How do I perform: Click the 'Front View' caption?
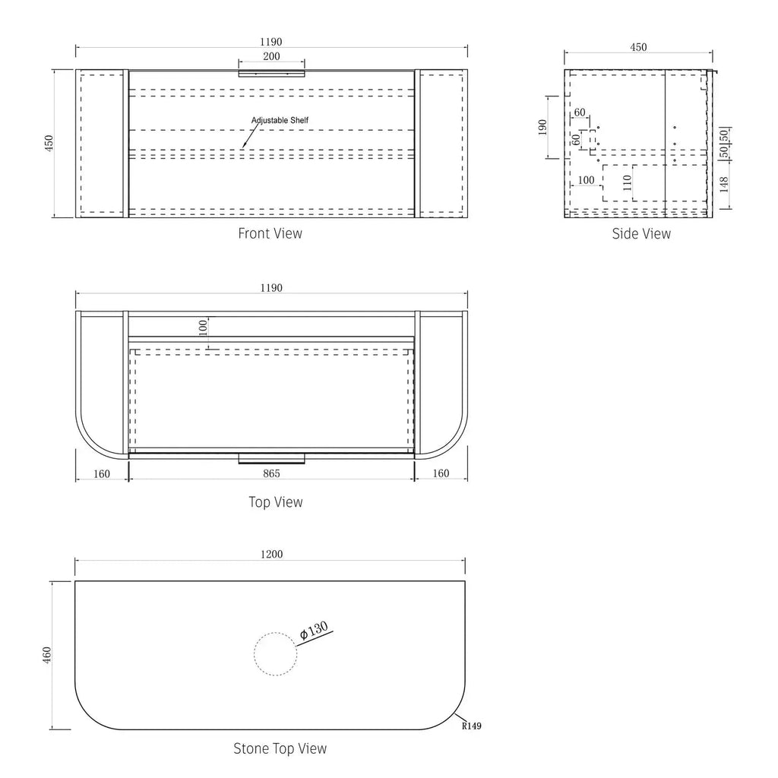coord(270,233)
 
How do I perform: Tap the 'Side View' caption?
coord(641,234)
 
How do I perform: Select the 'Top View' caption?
coord(275,502)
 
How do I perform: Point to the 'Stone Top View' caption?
coord(280,748)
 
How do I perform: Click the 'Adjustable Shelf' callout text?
coord(280,120)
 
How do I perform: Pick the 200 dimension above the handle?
coord(271,56)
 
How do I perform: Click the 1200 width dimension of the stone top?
coord(271,554)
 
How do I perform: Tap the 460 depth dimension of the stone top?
coord(47,655)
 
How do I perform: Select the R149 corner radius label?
coord(471,726)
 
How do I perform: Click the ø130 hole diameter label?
coord(314,631)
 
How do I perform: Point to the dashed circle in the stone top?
coord(275,654)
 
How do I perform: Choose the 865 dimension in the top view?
coord(271,473)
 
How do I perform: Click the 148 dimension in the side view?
coord(724,185)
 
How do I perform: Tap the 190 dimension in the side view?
coord(542,128)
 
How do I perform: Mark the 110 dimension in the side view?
coord(627,182)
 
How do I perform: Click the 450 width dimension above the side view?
coord(638,47)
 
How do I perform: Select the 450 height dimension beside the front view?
coord(49,144)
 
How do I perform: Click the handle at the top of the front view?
coord(271,74)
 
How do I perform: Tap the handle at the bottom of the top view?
coord(271,458)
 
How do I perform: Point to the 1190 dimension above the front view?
coord(271,42)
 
